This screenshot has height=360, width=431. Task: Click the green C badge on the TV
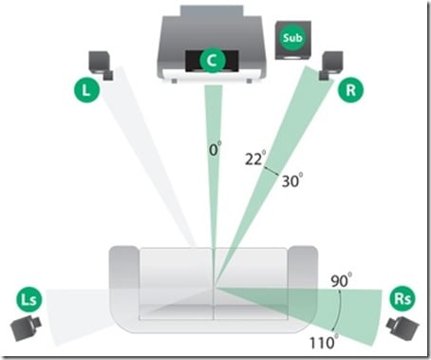pos(213,60)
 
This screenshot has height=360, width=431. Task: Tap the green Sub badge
pos(292,37)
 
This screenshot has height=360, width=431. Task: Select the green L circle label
pos(86,90)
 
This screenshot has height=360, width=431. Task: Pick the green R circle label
pos(350,90)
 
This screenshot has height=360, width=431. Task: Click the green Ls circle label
pos(29,299)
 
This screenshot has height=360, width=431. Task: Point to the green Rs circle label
pos(403,298)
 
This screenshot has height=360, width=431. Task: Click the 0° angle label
pos(215,149)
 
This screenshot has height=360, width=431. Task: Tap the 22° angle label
pos(255,159)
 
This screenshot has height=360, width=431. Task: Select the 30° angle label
pos(292,180)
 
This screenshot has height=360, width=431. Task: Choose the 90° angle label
pos(341,280)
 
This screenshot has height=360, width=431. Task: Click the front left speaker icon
pos(101,66)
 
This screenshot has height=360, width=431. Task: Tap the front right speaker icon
pos(330,66)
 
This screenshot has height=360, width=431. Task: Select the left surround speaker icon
pos(26,328)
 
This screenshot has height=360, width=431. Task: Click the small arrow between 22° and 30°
pos(272,171)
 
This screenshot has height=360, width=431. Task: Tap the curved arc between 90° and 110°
pos(339,311)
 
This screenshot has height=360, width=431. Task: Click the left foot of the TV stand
pos(175,82)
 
